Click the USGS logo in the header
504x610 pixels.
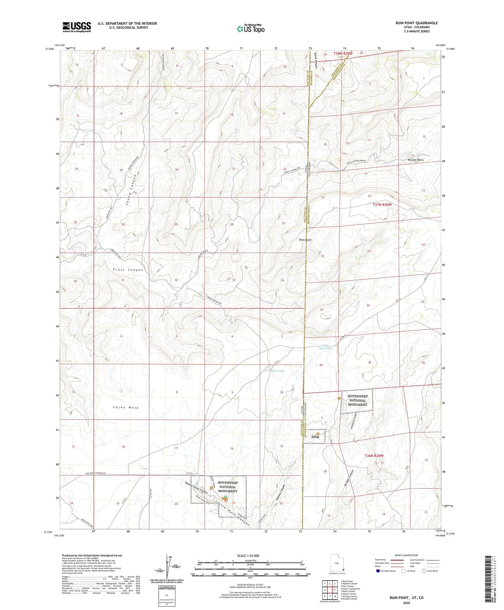77,27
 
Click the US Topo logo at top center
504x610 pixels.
250,28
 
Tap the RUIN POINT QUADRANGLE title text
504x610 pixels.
416,23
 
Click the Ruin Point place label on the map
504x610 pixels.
305,240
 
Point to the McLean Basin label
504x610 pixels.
418,160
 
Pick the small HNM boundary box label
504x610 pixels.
315,437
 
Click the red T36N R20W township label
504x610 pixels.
374,456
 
